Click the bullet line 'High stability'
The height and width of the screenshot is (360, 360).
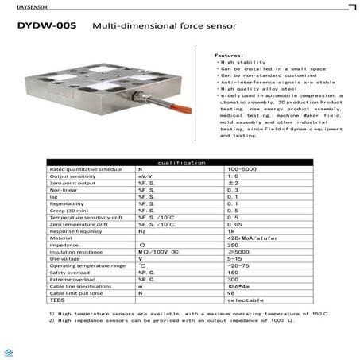click(239, 62)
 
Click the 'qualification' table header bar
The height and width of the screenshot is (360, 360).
click(180, 161)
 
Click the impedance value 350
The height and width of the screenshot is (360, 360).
click(233, 245)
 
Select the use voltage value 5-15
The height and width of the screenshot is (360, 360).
click(234, 259)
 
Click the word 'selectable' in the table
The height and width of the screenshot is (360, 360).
click(240, 300)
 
